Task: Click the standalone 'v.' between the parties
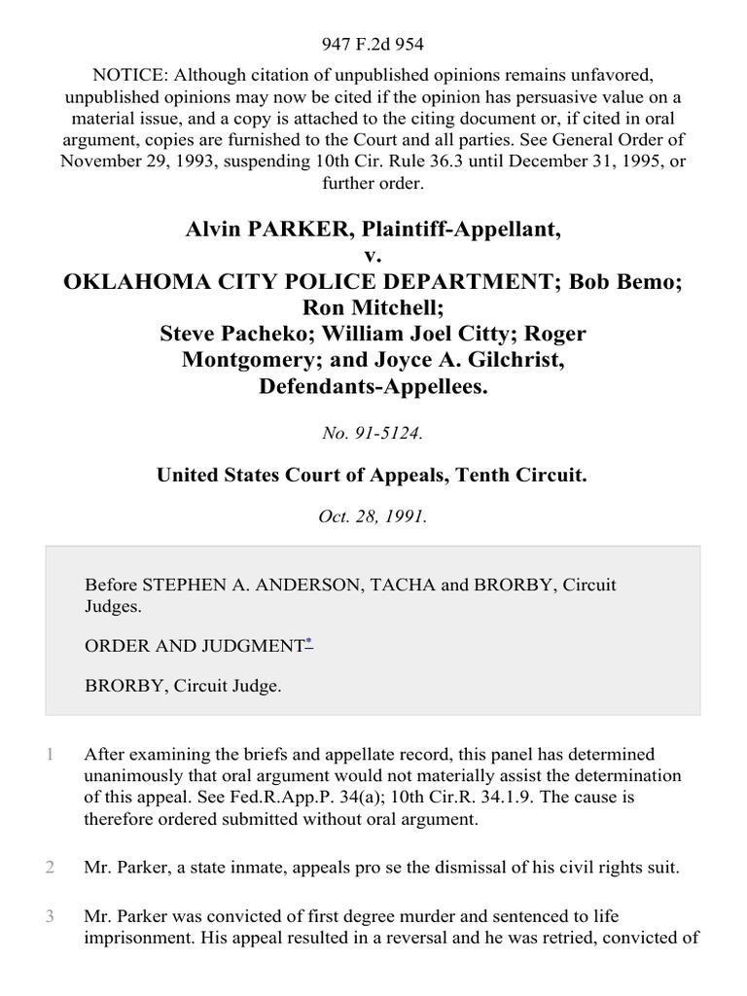coord(373,257)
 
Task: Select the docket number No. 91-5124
coord(373,434)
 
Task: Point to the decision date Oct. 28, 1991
coord(373,517)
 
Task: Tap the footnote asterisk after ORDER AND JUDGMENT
coord(308,642)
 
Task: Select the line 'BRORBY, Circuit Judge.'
coord(183,686)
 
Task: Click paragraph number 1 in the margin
coord(49,755)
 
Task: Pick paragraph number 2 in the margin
coord(49,867)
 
